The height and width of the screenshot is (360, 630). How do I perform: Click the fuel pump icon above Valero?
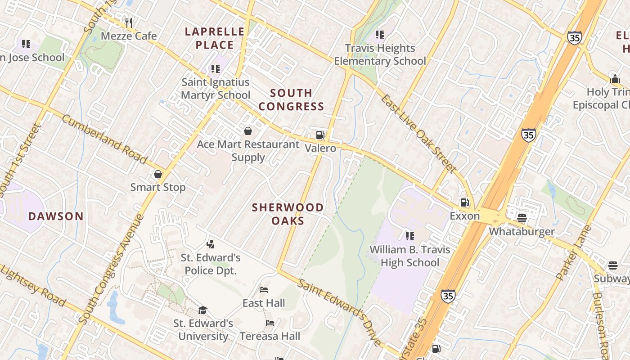click(x=320, y=135)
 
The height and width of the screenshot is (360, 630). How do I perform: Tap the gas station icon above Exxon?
click(x=464, y=202)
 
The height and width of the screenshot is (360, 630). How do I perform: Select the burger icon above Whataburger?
click(x=522, y=218)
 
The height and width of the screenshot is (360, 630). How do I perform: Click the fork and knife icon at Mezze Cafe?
click(x=129, y=22)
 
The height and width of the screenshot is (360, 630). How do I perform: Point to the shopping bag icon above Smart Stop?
click(x=158, y=174)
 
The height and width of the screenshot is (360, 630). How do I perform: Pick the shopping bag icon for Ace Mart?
click(x=247, y=131)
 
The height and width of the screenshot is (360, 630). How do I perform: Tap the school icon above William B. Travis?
click(x=409, y=236)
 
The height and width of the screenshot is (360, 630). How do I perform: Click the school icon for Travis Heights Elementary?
click(x=380, y=34)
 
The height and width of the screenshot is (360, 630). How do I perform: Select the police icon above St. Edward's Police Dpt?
click(x=210, y=244)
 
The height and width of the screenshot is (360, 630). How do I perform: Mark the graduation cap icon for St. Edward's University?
click(x=203, y=310)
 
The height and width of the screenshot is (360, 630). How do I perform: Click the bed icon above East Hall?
click(x=264, y=290)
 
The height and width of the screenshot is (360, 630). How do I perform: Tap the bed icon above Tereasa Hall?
click(x=270, y=323)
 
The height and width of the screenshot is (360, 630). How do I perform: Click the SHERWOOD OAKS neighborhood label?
click(x=288, y=214)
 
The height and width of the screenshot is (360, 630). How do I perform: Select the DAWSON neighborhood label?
click(x=56, y=216)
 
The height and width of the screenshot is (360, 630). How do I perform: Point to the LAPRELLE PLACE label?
click(x=215, y=38)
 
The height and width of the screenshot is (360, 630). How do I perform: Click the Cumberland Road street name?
click(x=104, y=139)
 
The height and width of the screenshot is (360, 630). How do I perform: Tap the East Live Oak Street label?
click(x=418, y=133)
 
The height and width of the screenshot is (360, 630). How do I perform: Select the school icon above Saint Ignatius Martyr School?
click(x=215, y=69)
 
